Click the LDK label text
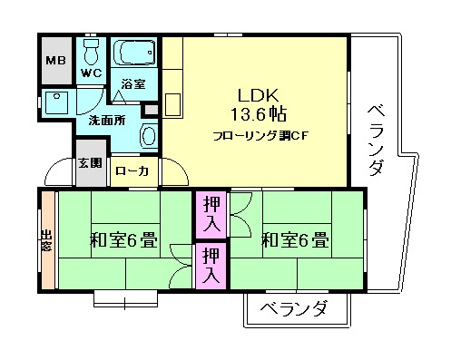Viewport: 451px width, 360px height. pos(258,95)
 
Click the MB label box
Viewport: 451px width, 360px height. pos(55,62)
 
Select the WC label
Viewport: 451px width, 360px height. pos(91,73)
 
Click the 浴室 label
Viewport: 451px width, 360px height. pos(134,83)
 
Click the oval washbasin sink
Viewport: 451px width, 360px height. pos(148,135)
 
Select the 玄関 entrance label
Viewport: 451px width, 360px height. pos(89,164)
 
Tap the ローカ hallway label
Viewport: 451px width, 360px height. pos(132,170)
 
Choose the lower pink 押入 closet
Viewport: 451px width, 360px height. pos(211,264)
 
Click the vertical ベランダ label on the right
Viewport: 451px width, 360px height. pos(376,141)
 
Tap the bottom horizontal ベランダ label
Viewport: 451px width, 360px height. pos(294,309)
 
